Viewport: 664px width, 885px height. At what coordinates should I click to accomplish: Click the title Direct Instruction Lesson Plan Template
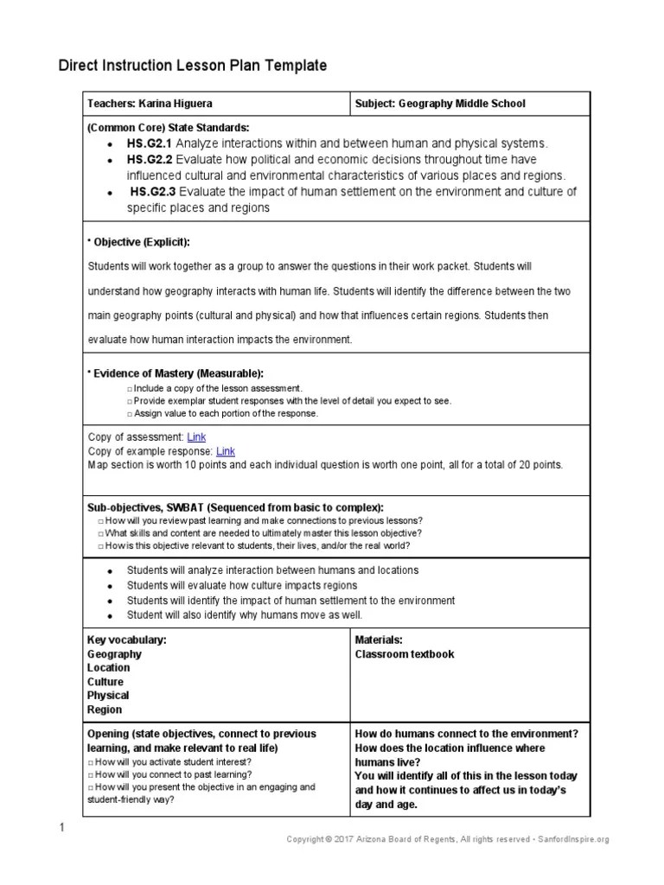(193, 66)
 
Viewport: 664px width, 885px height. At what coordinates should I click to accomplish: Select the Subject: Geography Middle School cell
(440, 104)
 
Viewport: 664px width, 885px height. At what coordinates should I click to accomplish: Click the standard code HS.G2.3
(154, 191)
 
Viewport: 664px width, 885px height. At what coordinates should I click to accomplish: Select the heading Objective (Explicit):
(139, 241)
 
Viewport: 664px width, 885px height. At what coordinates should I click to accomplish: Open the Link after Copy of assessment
(196, 437)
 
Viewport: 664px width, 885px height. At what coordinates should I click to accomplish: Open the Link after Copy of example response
(225, 451)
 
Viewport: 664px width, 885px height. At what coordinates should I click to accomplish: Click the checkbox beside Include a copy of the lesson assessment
(129, 390)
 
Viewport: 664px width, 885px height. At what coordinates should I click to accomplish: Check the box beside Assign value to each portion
(129, 414)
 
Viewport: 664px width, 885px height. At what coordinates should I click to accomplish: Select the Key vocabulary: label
(127, 640)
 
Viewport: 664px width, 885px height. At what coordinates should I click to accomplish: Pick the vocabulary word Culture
(107, 682)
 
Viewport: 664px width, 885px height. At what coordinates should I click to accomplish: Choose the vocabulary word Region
(105, 710)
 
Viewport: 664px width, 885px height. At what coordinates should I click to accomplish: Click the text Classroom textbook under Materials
(405, 654)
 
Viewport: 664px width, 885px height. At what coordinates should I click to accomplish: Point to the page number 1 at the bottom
(62, 830)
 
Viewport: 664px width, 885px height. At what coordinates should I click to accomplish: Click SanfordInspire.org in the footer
(574, 839)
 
